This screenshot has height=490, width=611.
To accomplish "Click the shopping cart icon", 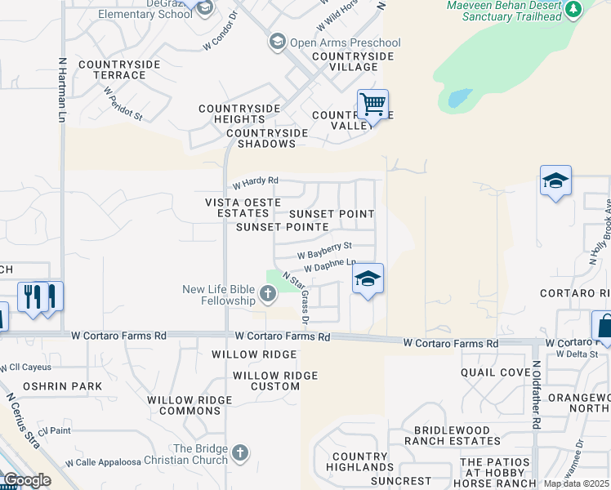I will click(372, 105).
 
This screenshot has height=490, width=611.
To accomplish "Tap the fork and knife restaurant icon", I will click(38, 296).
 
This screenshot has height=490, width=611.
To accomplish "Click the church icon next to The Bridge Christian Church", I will click(239, 452).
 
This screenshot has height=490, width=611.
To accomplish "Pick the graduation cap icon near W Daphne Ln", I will click(368, 278).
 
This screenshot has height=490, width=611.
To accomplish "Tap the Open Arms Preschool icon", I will click(278, 42).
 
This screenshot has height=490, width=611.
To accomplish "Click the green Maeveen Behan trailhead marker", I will click(573, 9).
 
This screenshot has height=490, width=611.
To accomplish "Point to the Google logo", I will click(26, 480).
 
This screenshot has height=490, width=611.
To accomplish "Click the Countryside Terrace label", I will click(112, 69).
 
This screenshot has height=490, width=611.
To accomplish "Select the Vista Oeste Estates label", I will click(237, 207).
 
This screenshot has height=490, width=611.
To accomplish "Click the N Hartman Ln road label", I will click(62, 90).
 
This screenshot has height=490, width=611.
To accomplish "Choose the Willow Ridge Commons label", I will click(190, 406).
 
